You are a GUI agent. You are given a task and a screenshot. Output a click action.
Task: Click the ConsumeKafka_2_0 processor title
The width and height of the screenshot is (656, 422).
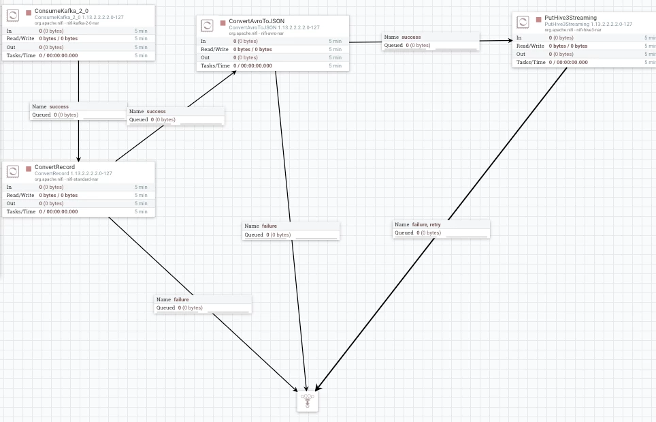click(x=61, y=11)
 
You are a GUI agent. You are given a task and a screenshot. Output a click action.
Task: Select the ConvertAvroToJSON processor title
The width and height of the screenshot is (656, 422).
click(x=257, y=21)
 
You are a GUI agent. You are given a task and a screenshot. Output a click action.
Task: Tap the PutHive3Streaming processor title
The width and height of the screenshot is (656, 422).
click(x=571, y=18)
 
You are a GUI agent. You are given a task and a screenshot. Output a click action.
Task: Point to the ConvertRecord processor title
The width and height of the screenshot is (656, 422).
click(x=55, y=167)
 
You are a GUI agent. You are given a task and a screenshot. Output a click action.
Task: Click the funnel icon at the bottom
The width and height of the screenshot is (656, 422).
click(x=308, y=401)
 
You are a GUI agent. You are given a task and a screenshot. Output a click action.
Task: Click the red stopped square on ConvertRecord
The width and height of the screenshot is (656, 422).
click(x=29, y=169)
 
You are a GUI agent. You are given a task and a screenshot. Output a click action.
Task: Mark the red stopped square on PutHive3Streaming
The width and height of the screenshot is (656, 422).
click(x=539, y=20)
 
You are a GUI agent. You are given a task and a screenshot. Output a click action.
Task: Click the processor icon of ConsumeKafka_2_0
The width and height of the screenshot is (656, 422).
click(x=13, y=16)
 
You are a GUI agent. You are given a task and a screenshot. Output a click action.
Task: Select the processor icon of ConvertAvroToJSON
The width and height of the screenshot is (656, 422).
click(x=207, y=25)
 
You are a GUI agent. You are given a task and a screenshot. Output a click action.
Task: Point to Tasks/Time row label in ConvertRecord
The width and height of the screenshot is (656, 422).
click(x=21, y=211)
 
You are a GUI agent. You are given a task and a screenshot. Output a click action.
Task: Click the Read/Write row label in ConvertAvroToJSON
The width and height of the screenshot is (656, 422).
click(x=214, y=50)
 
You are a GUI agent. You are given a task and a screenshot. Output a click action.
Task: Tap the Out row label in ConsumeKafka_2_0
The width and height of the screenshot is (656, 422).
click(x=11, y=47)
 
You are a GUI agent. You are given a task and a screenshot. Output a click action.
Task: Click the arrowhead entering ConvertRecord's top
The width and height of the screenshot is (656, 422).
click(x=78, y=160)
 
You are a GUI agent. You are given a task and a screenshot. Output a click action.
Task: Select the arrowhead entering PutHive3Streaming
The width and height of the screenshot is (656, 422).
click(x=510, y=41)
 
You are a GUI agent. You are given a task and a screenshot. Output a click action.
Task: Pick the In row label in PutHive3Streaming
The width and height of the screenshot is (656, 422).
click(x=519, y=37)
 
